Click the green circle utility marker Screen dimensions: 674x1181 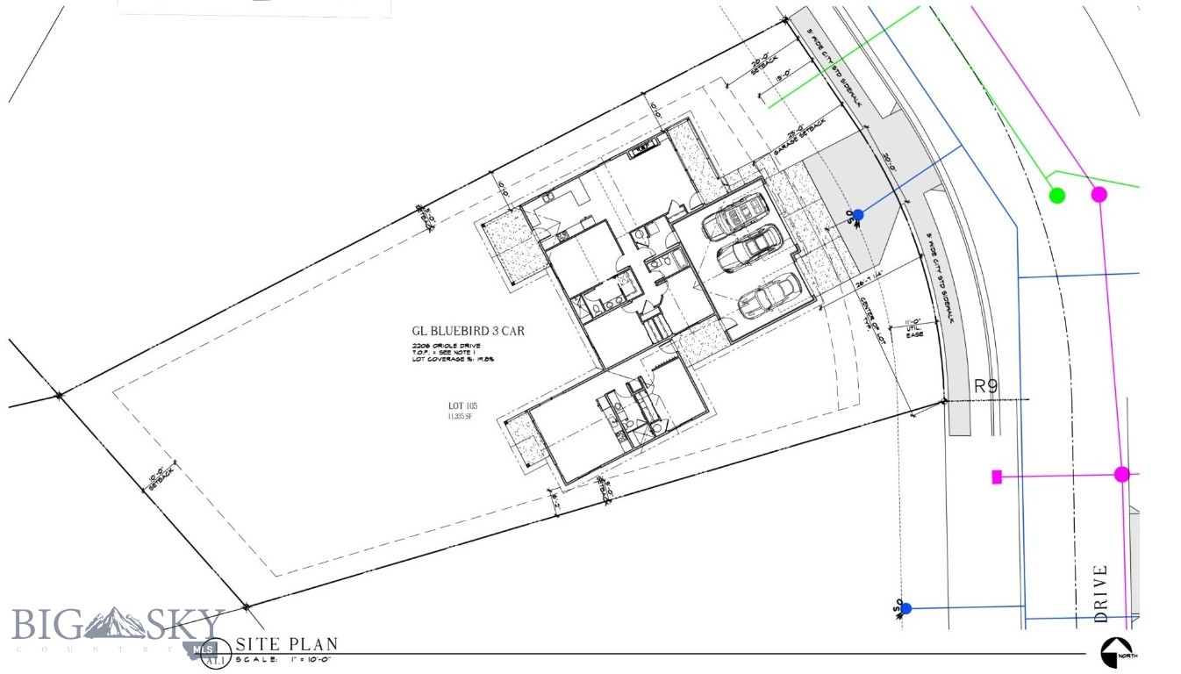pyautogui.click(x=1057, y=195)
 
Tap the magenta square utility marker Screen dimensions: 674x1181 pyautogui.click(x=997, y=477)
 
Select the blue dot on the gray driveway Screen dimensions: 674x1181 pyautogui.click(x=858, y=215)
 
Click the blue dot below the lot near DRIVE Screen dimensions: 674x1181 pyautogui.click(x=906, y=608)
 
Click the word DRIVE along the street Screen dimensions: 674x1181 pyautogui.click(x=1102, y=593)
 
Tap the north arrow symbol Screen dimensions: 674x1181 pyautogui.click(x=1113, y=651)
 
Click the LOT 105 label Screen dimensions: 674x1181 pyautogui.click(x=461, y=406)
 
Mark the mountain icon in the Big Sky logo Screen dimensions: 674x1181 pyautogui.click(x=115, y=623)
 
